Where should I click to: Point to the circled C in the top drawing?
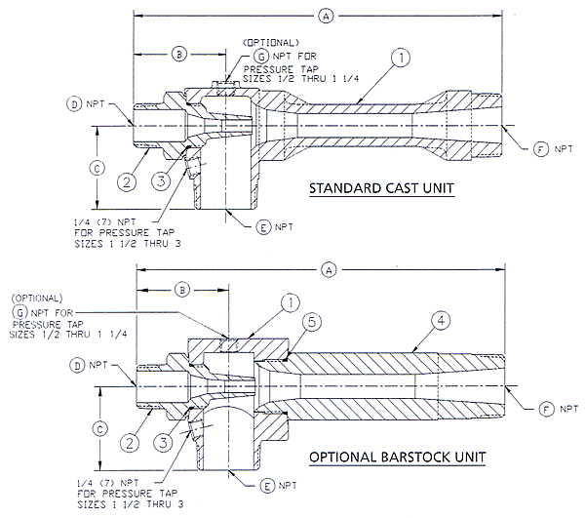96,167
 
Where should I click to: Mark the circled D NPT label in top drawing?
72,102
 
